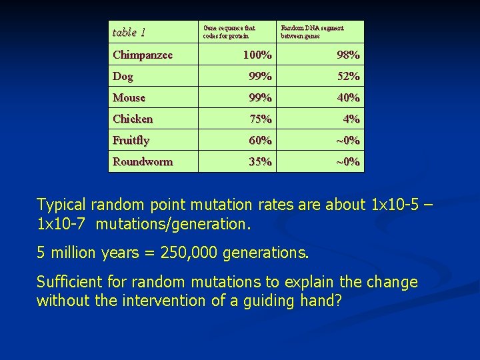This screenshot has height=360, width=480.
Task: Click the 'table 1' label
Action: coord(129,32)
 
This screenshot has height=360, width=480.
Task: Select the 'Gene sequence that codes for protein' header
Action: coord(229,32)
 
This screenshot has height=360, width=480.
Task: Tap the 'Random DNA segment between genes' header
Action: coord(312,32)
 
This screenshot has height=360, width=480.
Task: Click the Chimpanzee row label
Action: coord(143,55)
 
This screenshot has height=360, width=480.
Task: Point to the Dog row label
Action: coord(123,76)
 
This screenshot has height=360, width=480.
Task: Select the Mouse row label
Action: coord(129,97)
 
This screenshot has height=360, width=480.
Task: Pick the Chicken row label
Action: coord(133,119)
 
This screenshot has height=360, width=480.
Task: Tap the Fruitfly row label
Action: coord(131,140)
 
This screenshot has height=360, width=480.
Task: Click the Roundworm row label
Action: coord(142,161)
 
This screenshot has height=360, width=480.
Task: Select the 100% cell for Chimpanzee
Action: coord(257,55)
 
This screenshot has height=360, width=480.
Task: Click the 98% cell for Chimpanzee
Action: coord(348,55)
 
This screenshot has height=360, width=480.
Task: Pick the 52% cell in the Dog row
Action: coord(348,76)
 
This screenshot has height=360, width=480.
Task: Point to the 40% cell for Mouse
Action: coord(348,97)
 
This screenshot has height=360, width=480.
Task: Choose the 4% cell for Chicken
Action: coord(351,119)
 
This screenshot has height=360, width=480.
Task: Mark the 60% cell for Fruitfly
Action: coord(260,140)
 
